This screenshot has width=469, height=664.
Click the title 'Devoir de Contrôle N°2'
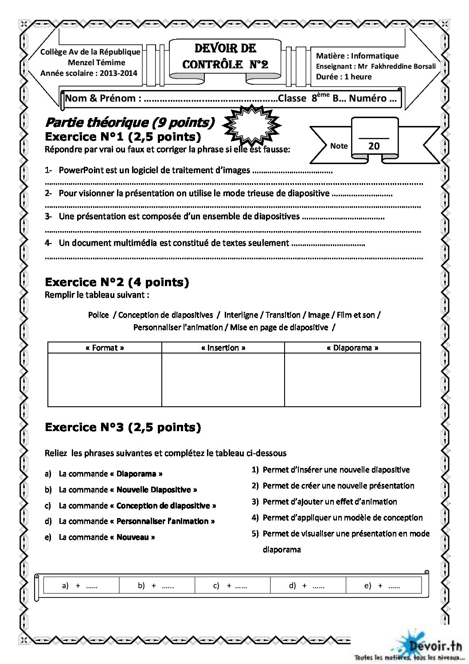pyautogui.click(x=225, y=56)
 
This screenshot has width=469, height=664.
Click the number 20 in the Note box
pyautogui.click(x=374, y=146)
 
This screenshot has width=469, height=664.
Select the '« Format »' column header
pyautogui.click(x=105, y=348)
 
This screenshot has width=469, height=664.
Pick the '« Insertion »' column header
pyautogui.click(x=223, y=348)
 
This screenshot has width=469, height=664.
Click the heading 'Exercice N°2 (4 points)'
pyautogui.click(x=117, y=282)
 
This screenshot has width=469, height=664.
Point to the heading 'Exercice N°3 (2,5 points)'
pyautogui.click(x=123, y=428)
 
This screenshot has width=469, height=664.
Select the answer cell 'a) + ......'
pyautogui.click(x=80, y=586)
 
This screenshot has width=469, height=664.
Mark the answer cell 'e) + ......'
pyautogui.click(x=382, y=586)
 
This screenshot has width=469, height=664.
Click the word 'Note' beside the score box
pyautogui.click(x=339, y=146)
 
